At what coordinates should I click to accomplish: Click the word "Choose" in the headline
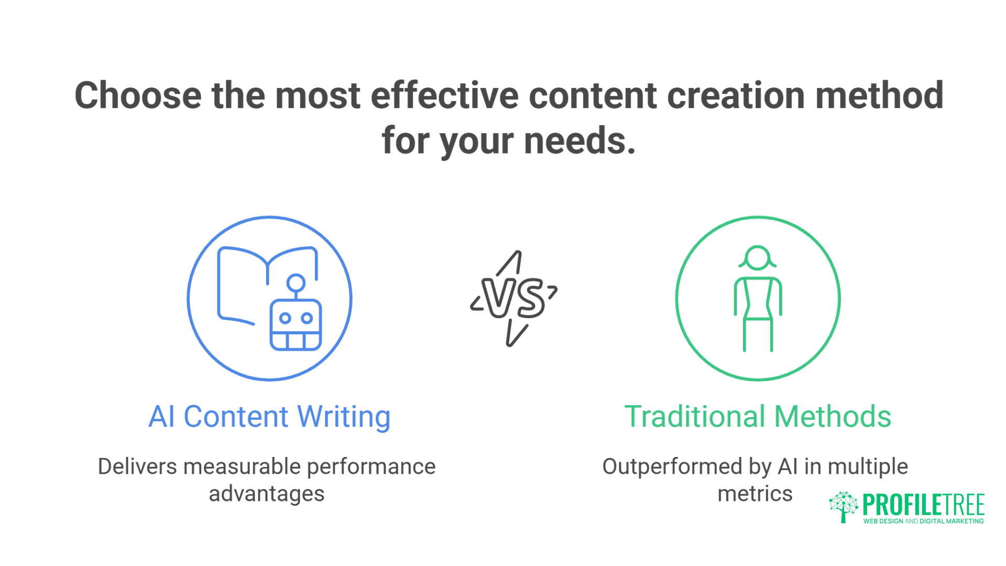coord(138,96)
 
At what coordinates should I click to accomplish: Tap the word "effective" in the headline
coord(444,96)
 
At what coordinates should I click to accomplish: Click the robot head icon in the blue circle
coord(296,325)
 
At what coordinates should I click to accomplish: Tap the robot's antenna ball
coord(296,282)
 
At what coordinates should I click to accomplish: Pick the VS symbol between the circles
coord(513,299)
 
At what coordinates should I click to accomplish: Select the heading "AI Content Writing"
coord(269,417)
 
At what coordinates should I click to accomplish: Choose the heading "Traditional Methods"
coord(758,417)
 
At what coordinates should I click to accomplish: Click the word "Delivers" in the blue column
coord(137,466)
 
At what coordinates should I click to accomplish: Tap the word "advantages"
coord(267,494)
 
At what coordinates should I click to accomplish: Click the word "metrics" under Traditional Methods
coord(754,494)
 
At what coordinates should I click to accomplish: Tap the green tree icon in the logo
coord(843,506)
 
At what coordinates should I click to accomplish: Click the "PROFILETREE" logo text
coord(923,505)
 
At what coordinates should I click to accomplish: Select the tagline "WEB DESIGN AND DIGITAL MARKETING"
coord(923,521)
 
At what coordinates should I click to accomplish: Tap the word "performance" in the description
coord(371,466)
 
